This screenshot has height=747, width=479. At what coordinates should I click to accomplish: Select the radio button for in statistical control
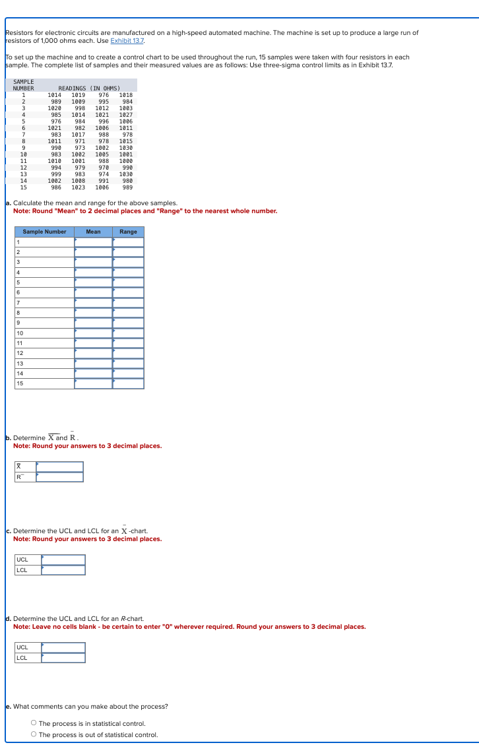(x=34, y=723)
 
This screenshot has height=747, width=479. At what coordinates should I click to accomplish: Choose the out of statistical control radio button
(x=34, y=734)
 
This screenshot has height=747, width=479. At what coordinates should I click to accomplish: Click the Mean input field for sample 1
(x=93, y=242)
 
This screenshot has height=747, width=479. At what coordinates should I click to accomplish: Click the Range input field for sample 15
(x=128, y=383)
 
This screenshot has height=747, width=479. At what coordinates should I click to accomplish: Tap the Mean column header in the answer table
(x=93, y=232)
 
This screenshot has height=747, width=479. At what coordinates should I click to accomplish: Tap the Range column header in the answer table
(x=128, y=232)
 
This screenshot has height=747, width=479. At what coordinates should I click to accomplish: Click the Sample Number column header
(x=44, y=232)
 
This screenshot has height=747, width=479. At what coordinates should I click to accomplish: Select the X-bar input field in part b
(x=59, y=467)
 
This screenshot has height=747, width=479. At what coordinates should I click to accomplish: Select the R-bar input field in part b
(x=59, y=477)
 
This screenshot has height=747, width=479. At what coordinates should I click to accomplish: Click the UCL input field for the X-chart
(x=63, y=560)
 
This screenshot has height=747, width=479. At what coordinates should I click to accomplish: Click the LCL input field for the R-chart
(x=63, y=657)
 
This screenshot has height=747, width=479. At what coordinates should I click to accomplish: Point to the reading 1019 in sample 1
(x=79, y=95)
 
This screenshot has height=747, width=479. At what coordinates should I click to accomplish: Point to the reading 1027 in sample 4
(x=125, y=115)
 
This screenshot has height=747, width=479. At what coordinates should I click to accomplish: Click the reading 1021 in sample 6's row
(x=55, y=128)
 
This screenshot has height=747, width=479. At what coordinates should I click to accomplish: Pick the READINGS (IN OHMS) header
(x=89, y=88)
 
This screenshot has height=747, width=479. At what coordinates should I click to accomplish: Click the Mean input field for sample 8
(x=93, y=313)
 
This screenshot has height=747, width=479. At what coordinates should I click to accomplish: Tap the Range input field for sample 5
(x=128, y=282)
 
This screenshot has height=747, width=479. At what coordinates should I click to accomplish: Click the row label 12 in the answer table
(x=20, y=353)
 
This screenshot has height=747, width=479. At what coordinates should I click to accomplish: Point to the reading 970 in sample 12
(x=104, y=168)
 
